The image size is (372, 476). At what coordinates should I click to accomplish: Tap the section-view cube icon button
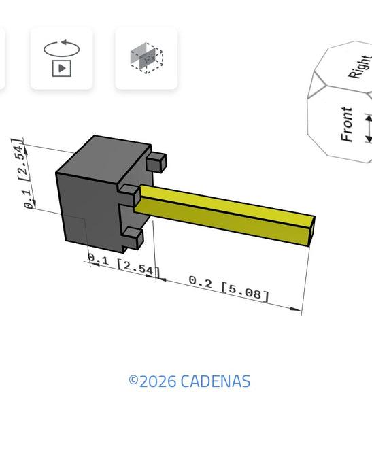tap(146, 58)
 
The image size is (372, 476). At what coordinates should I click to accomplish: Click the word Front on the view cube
tap(346, 124)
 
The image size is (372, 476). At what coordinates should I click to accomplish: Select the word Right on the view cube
tap(360, 67)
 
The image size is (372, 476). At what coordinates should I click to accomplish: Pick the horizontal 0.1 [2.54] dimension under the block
tap(124, 265)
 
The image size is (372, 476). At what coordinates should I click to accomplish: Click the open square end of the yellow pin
tap(311, 231)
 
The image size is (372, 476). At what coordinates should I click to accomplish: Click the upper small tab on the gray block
tap(156, 163)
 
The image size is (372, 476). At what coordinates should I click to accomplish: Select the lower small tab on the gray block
tap(133, 238)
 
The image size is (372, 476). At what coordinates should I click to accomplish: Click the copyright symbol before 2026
tap(133, 379)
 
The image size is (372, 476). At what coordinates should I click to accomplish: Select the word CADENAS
tap(216, 381)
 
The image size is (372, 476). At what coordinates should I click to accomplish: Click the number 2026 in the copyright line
tap(158, 381)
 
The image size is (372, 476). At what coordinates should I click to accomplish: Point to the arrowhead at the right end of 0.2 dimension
tap(296, 309)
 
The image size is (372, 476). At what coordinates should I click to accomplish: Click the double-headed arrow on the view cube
tap(369, 129)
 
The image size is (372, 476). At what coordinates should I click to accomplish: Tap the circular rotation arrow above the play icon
tap(62, 48)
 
